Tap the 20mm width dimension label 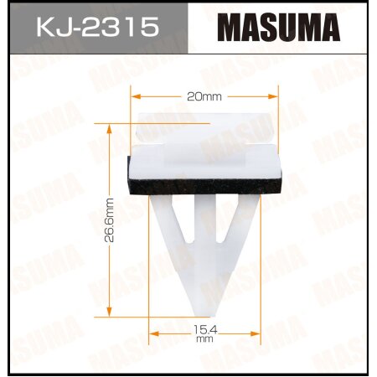coord(205,96)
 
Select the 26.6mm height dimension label coord(110,220)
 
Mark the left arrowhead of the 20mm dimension coord(136,96)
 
